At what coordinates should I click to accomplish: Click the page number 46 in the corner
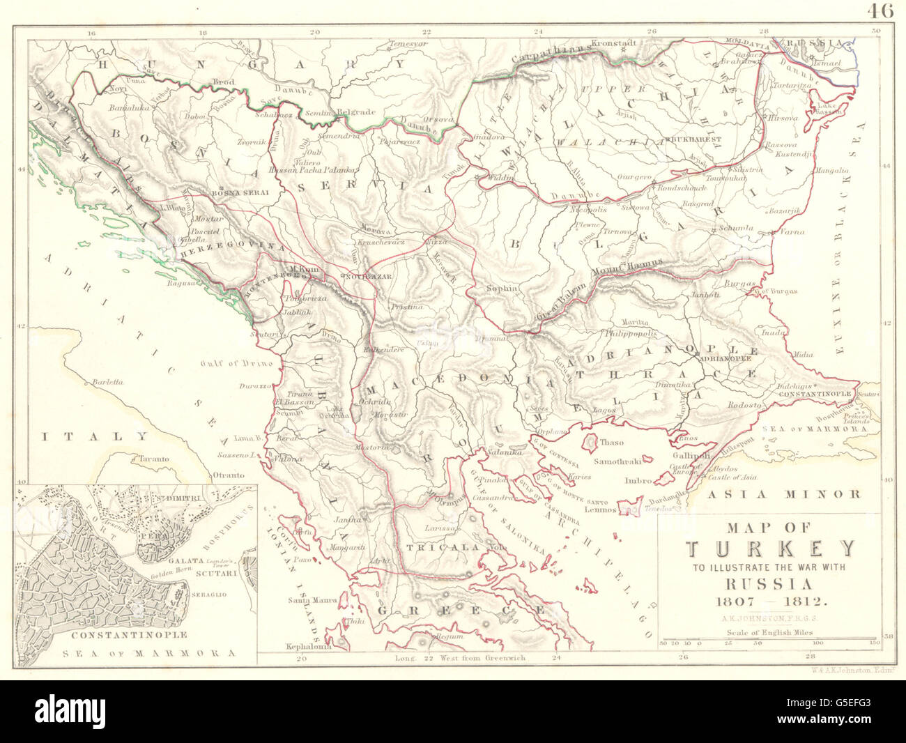[x=881, y=10]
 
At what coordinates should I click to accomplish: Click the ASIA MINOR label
[x=783, y=495]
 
